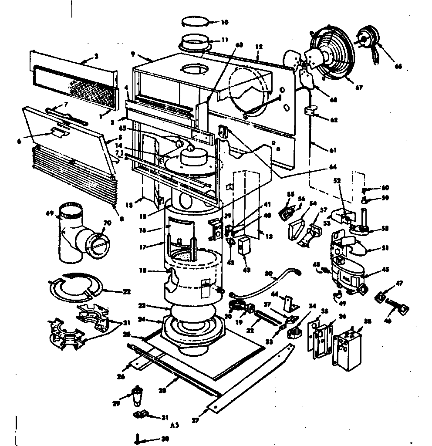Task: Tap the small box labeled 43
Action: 244,246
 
